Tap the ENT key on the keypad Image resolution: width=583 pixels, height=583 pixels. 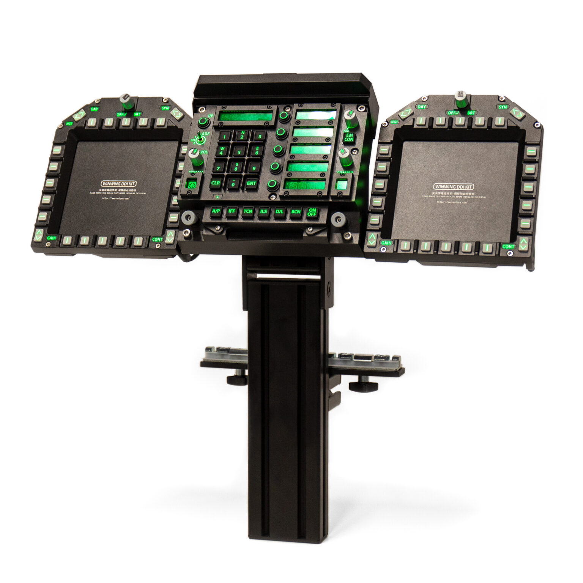click(251, 183)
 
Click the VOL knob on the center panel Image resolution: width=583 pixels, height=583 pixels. click(195, 156)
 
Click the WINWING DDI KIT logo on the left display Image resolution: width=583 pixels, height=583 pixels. click(119, 184)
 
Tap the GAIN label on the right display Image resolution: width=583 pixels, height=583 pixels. click(386, 243)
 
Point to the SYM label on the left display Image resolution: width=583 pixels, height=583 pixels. click(165, 108)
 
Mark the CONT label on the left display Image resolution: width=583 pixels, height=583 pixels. click(157, 240)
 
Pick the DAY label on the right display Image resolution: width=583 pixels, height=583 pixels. click(422, 107)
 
